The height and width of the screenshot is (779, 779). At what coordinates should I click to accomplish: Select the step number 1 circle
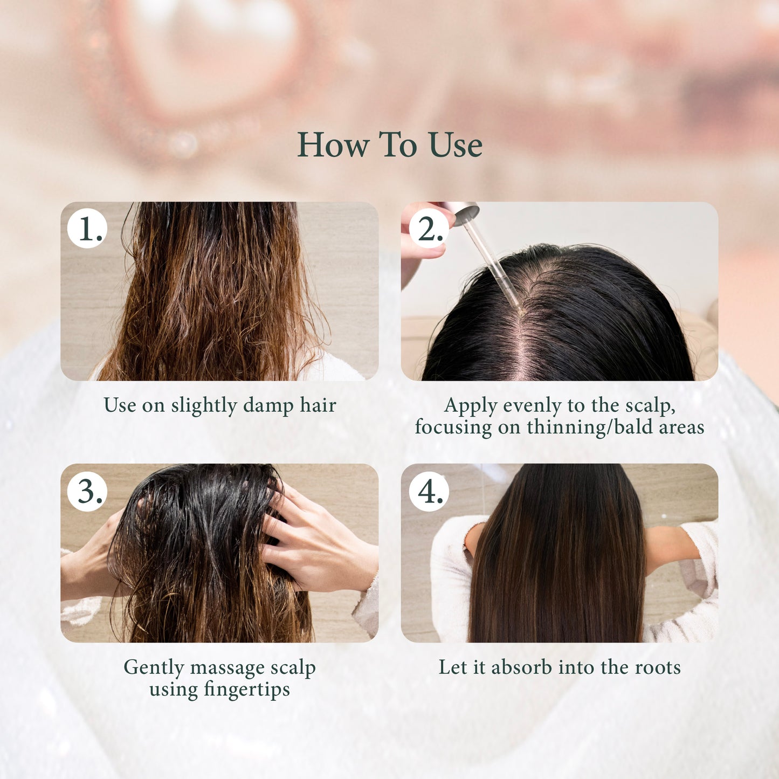click(x=88, y=229)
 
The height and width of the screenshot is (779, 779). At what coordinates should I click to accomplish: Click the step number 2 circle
click(x=429, y=229)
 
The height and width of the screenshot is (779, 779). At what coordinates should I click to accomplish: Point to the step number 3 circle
click(x=88, y=491)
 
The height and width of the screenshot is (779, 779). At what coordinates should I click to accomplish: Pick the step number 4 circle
click(x=429, y=491)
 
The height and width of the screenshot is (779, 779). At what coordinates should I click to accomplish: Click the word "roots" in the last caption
click(x=658, y=668)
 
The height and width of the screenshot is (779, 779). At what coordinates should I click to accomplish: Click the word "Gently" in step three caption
click(x=154, y=668)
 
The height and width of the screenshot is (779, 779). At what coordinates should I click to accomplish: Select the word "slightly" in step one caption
click(x=204, y=406)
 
